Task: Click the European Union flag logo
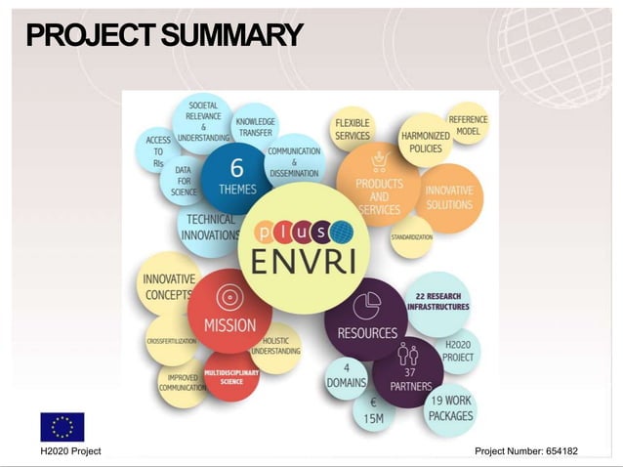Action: coord(62,427)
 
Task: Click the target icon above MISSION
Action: coord(230,296)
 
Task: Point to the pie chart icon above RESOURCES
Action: coord(366,303)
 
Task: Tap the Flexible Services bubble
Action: coord(352,129)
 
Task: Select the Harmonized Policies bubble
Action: coord(426,143)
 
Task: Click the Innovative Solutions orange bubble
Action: coord(449,198)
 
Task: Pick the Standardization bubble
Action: coord(412,236)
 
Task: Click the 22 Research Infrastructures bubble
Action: coord(438,301)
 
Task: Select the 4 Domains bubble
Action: coord(346,375)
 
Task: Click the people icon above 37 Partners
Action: coord(408,355)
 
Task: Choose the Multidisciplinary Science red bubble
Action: coord(231,377)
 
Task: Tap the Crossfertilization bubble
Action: coord(171,341)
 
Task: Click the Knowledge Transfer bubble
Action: coord(255,128)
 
